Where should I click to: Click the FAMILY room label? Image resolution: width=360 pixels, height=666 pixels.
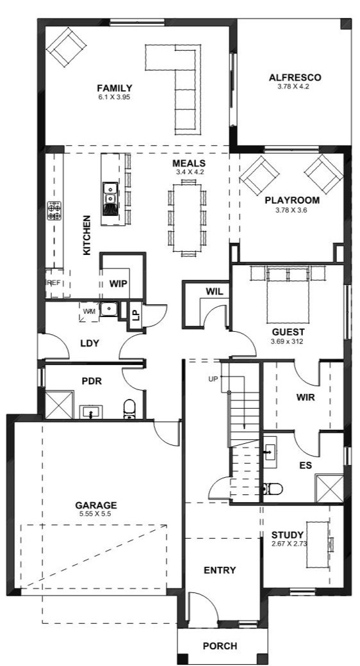115,88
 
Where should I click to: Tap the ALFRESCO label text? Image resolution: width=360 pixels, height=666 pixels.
295,77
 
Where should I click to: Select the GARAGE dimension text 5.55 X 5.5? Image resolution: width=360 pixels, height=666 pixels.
96,513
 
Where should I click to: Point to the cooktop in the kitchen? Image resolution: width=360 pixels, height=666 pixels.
54,211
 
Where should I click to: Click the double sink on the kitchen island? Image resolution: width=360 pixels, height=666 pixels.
110,192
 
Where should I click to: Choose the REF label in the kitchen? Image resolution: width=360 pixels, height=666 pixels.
53,282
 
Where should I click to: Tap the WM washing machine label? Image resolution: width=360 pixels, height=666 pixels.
89,311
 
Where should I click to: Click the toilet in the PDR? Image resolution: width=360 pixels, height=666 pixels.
129,409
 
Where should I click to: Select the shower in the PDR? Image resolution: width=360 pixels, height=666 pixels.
59,405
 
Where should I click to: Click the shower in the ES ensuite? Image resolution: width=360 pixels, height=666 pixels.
329,489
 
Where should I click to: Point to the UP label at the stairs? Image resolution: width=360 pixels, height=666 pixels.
213,379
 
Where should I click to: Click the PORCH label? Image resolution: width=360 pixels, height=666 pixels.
220,646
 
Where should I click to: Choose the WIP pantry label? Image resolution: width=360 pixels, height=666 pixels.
119,284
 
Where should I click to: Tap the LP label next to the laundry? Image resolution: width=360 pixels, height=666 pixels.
136,316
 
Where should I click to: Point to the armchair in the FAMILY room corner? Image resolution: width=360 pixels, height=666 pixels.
67,47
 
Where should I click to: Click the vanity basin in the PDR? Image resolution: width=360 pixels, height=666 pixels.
91,412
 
